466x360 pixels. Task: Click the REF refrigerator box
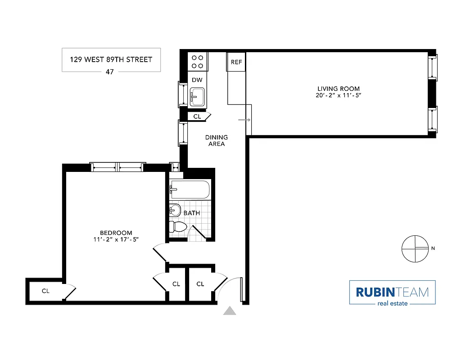[236, 62]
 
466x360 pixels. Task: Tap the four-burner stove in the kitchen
[197, 62]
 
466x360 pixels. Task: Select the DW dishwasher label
[197, 80]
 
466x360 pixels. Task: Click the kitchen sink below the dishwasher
[197, 96]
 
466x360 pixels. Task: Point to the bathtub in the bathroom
[190, 189]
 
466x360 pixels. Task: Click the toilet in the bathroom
[178, 226]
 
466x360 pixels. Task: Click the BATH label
[192, 213]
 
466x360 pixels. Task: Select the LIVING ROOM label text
[339, 89]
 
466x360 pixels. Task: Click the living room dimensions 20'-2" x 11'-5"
[339, 95]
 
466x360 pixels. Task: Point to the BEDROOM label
[116, 233]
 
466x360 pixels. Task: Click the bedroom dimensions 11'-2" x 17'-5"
[116, 239]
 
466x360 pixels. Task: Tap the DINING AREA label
[217, 140]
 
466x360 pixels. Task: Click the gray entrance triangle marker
[230, 310]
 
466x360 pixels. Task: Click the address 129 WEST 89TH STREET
[111, 59]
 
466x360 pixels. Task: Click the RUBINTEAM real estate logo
[392, 293]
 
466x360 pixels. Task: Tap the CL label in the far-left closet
[45, 291]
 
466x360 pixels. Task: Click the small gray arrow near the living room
[244, 120]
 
